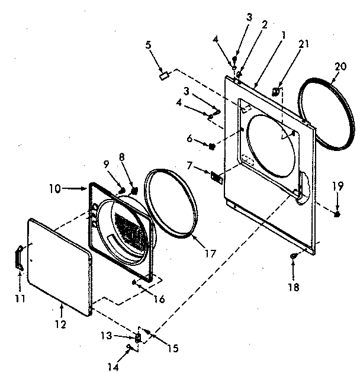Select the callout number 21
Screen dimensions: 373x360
click(x=304, y=44)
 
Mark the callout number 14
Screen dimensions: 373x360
click(x=112, y=366)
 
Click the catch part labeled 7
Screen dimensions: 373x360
click(x=216, y=176)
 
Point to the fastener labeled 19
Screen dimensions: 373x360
click(x=336, y=214)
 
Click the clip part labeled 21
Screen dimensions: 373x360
click(x=276, y=92)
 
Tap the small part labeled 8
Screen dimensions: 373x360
click(x=133, y=191)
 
